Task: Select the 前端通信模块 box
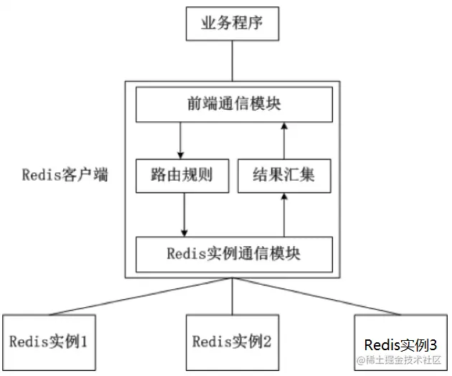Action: [234, 105]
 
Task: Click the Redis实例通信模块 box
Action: [234, 254]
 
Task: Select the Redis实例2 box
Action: [232, 341]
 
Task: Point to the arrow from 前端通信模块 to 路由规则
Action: [181, 139]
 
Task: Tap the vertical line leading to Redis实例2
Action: [232, 298]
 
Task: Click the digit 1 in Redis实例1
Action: [84, 341]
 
